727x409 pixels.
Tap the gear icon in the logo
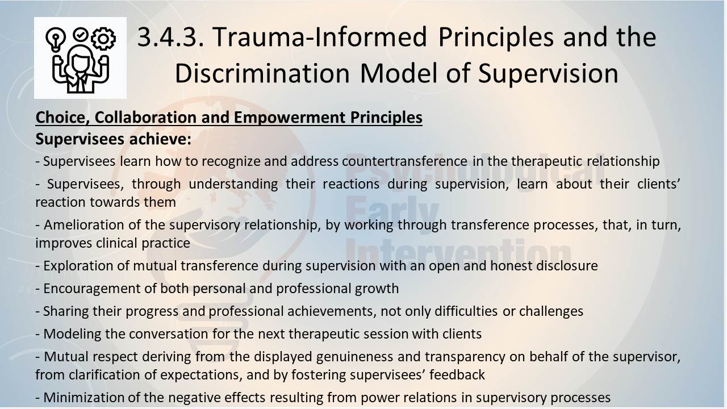click(103, 39)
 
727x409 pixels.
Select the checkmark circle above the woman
click(81, 35)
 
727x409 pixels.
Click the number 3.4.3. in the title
click(171, 37)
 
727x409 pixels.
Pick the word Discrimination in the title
click(262, 73)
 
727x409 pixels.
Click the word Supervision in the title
click(548, 73)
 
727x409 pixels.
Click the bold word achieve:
click(160, 139)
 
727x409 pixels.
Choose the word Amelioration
click(83, 224)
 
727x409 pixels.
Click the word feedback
click(457, 375)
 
